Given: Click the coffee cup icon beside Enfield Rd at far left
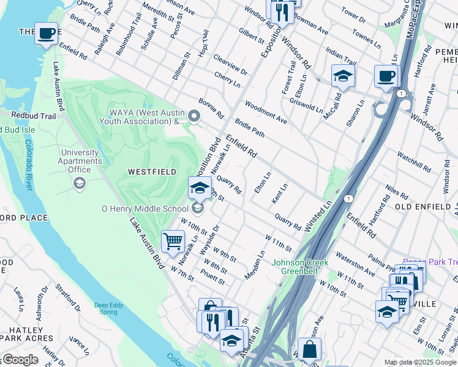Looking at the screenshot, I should (x=46, y=34).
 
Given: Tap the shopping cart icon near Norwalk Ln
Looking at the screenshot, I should (x=173, y=241).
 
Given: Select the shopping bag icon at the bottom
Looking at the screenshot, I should (x=310, y=349).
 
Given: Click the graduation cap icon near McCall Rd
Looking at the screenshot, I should (x=343, y=76).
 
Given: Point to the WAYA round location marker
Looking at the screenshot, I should (x=194, y=116).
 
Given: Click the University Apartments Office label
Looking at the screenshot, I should (x=80, y=161).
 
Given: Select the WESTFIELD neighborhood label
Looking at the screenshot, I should (x=152, y=172).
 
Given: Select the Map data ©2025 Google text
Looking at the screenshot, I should (x=420, y=362).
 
